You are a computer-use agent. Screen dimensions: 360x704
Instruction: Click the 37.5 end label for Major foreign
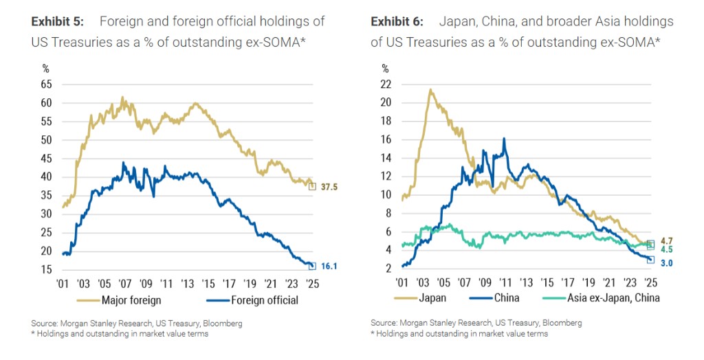click(329, 186)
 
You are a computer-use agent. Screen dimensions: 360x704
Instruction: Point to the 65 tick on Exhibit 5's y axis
click(46, 85)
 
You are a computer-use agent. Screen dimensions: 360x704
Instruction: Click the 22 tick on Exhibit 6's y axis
click(386, 85)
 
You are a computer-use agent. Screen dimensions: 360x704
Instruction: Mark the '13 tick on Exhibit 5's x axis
click(186, 282)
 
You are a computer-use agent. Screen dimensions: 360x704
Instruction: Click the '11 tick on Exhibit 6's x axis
click(505, 282)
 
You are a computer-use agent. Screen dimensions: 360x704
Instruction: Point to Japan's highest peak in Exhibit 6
click(430, 89)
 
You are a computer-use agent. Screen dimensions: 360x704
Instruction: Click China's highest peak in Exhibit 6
click(505, 138)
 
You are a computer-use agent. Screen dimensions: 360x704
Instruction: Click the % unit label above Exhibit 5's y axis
click(46, 69)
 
